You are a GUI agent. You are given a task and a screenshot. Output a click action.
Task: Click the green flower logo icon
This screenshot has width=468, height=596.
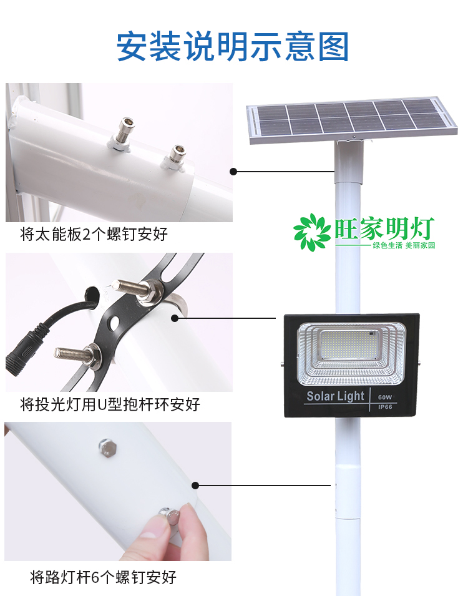click(x=313, y=232)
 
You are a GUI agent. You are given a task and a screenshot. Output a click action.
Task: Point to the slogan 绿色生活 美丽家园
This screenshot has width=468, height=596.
click(x=403, y=246)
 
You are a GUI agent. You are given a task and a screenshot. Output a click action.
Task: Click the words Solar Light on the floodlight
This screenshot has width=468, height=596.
click(x=335, y=396)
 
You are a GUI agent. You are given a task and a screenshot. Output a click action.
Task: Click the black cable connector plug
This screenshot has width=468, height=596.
click(x=22, y=353)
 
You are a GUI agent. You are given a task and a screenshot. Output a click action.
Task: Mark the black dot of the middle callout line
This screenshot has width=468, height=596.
click(x=175, y=318)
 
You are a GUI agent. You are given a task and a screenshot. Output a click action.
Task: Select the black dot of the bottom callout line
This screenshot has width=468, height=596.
click(x=195, y=485)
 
